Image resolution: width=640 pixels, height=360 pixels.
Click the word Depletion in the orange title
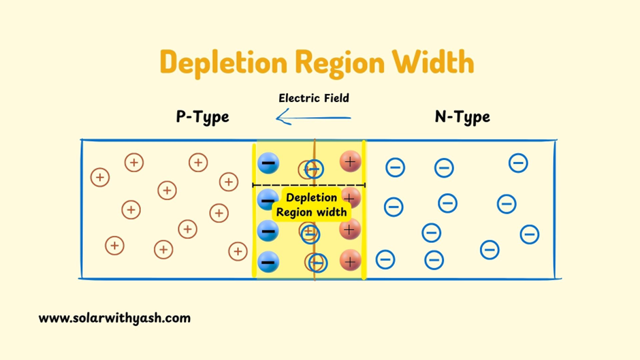pyautogui.click(x=223, y=63)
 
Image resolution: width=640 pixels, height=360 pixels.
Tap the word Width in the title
pyautogui.click(x=432, y=63)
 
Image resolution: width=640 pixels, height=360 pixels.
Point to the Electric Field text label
pyautogui.click(x=314, y=98)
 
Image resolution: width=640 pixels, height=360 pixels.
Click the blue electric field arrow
pyautogui.click(x=313, y=118)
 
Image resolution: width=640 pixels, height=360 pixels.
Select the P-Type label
pyautogui.click(x=202, y=117)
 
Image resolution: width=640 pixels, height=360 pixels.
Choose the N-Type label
pyautogui.click(x=462, y=117)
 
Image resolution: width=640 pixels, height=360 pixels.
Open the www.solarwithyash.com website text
pyautogui.click(x=114, y=318)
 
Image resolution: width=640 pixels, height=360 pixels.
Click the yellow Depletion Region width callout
pyautogui.click(x=312, y=205)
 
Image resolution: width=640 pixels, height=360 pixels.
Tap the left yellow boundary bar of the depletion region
pyautogui.click(x=255, y=211)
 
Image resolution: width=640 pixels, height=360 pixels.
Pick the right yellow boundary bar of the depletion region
pyautogui.click(x=364, y=211)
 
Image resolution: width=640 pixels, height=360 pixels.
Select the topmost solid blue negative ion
pyautogui.click(x=268, y=163)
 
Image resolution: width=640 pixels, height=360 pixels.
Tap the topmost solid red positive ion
pyautogui.click(x=350, y=161)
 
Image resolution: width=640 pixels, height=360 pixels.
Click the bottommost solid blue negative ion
pyautogui.click(x=268, y=261)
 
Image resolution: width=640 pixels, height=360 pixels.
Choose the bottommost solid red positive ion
pyautogui.click(x=350, y=259)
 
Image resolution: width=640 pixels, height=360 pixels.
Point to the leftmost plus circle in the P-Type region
pyautogui.click(x=100, y=178)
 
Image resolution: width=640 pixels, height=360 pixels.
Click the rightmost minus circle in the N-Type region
pyautogui.click(x=530, y=235)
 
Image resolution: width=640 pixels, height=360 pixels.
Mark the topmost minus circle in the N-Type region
pyautogui.click(x=518, y=163)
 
